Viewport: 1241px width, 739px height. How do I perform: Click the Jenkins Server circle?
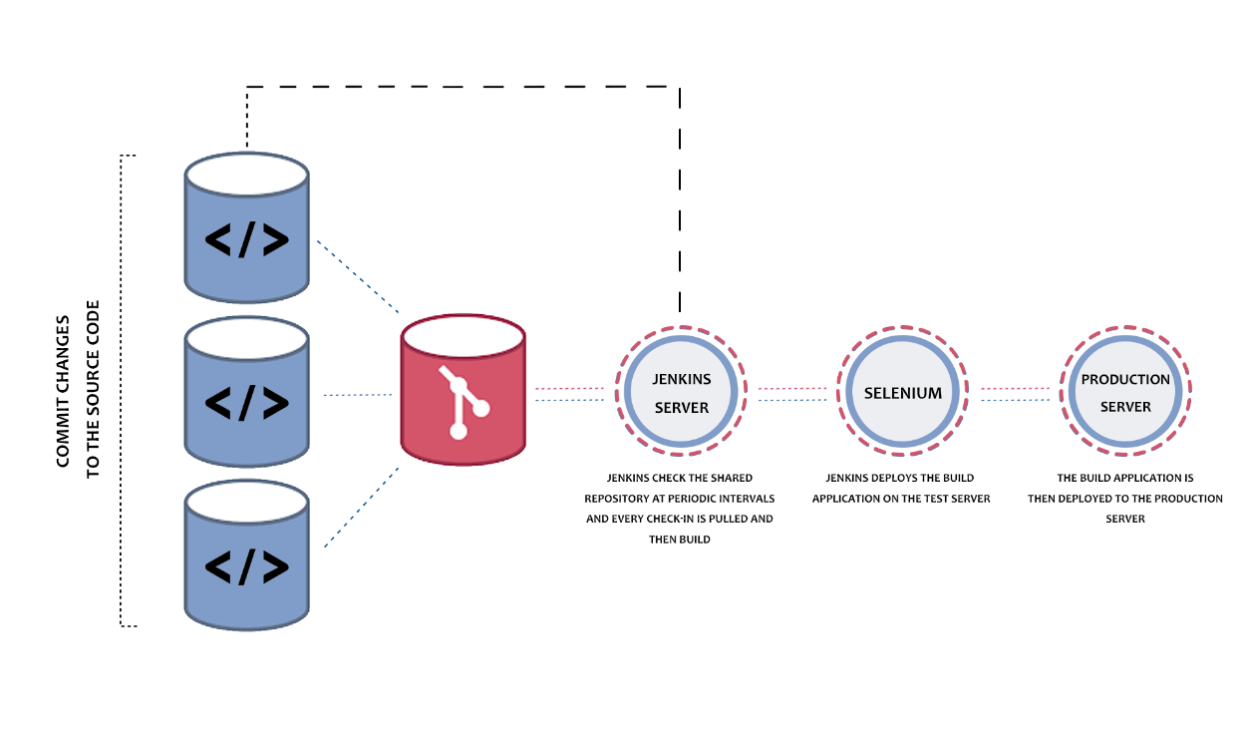click(681, 393)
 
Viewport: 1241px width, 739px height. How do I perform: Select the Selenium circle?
click(902, 393)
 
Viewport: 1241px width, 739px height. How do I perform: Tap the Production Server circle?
click(1125, 393)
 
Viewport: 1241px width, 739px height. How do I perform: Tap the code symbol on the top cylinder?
click(246, 240)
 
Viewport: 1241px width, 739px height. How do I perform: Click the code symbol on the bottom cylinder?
click(246, 566)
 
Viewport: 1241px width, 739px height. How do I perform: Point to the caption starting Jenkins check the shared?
click(680, 509)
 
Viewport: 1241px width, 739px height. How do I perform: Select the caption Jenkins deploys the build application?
click(901, 489)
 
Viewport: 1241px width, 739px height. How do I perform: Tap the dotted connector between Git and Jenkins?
click(570, 394)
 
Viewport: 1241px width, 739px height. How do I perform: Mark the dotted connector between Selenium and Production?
click(1016, 394)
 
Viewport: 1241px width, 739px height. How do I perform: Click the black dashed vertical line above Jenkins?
click(680, 199)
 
